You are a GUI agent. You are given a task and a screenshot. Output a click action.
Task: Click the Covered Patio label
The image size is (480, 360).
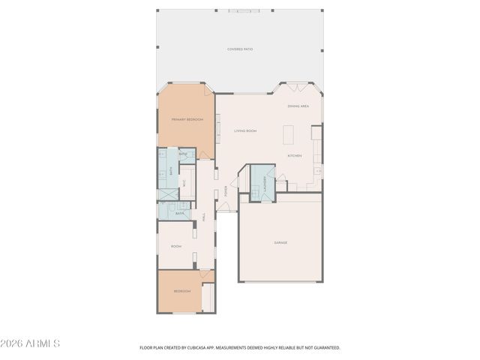point(240,49)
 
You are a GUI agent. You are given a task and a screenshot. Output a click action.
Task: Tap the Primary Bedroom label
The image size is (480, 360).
point(187,119)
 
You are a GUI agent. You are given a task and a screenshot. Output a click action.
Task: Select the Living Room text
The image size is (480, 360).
point(245,131)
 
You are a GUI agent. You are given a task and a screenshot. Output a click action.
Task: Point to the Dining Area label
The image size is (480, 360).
point(298,106)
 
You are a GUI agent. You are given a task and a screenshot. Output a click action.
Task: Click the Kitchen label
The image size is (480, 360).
point(295,156)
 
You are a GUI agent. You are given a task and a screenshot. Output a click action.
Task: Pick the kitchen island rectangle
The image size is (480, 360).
point(287,135)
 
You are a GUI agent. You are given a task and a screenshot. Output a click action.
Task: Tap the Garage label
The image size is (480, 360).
point(280,242)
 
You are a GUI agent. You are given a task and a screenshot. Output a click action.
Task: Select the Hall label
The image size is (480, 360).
point(203,217)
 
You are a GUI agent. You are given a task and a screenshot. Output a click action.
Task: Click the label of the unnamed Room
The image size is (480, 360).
point(176,246)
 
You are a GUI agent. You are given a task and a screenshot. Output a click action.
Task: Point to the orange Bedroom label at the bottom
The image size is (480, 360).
point(182,291)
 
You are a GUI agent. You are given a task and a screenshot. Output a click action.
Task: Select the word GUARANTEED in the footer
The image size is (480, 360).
point(328,348)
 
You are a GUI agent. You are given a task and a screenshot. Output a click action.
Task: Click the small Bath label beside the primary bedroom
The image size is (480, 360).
point(182,153)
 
